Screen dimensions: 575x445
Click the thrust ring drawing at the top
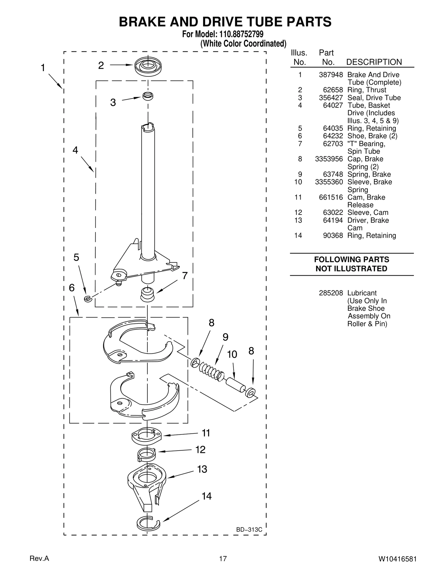point(148,66)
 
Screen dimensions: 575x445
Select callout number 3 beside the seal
point(113,102)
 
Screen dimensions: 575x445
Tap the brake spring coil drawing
point(211,371)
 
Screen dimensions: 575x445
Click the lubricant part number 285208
point(331,293)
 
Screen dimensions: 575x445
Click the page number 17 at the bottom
point(223,559)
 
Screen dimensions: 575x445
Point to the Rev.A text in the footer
point(39,559)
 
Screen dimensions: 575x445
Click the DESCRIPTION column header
point(374,62)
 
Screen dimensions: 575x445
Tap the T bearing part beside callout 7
point(147,295)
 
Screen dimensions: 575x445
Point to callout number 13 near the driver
point(202,469)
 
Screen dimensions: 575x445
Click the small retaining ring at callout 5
point(88,299)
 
